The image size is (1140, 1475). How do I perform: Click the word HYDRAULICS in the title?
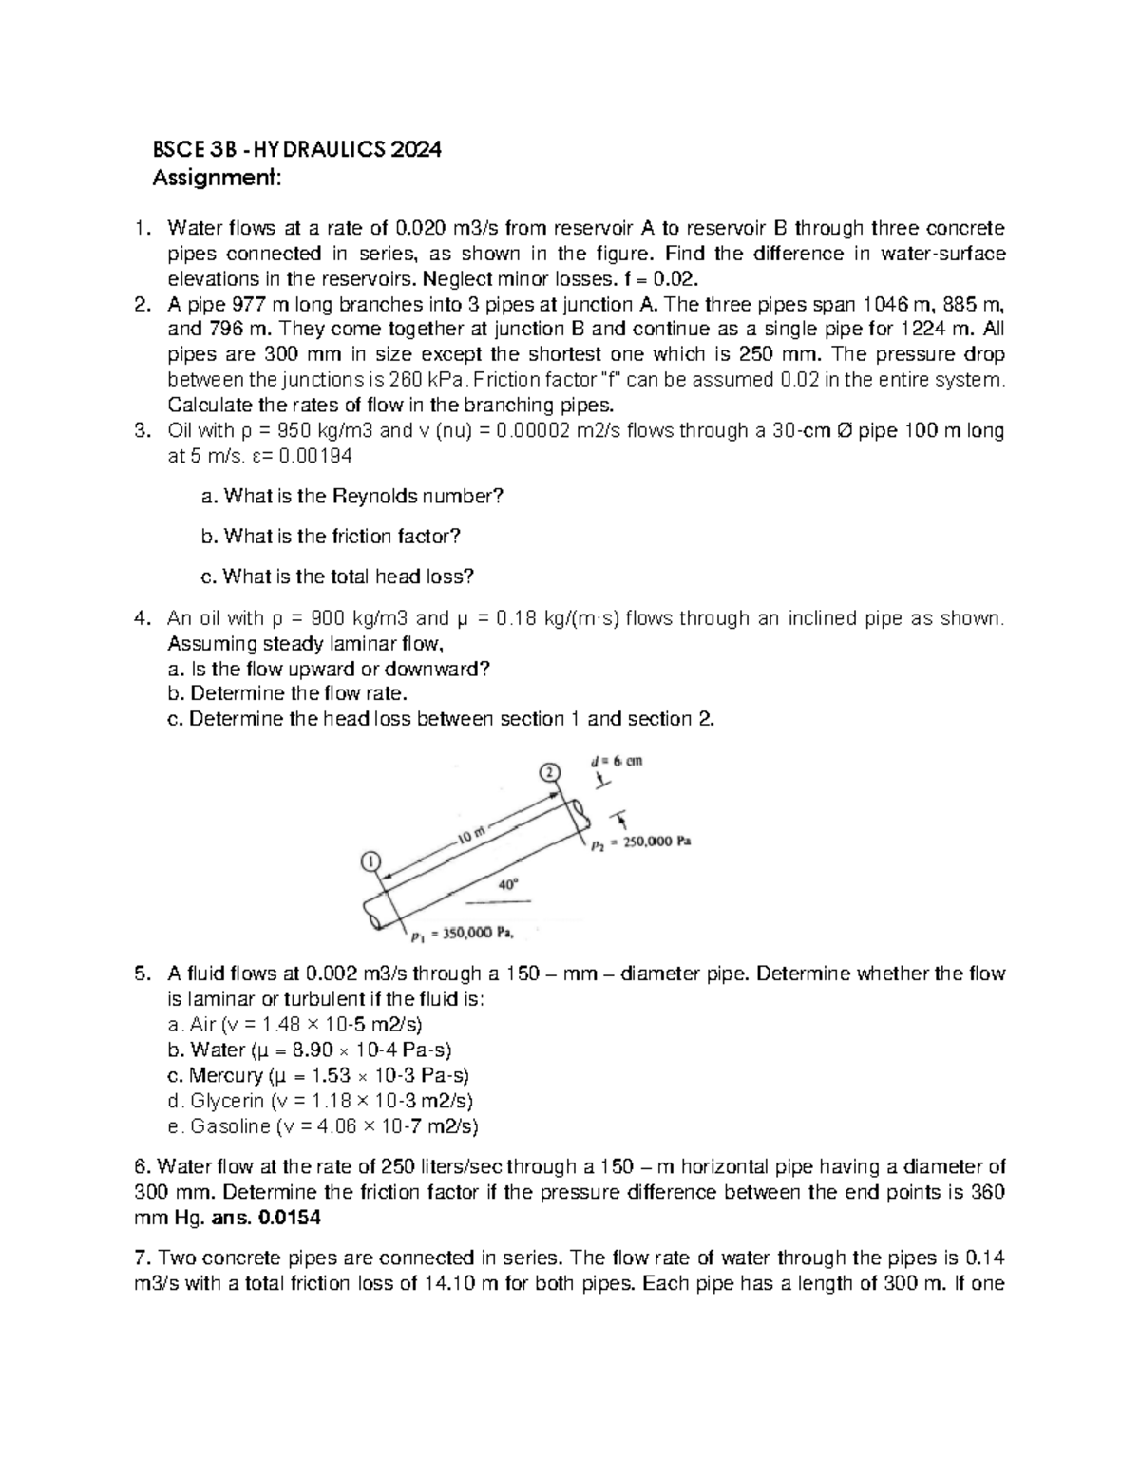coord(309,150)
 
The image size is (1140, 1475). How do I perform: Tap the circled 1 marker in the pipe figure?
coord(370,860)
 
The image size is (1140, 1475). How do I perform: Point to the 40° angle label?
coord(509,884)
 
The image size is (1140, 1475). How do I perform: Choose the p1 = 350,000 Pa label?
coord(463,934)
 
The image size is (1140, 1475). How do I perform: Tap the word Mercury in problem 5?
coord(226,1076)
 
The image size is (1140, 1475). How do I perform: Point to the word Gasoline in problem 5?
coord(231,1127)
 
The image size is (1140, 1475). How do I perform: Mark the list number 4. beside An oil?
coord(142,619)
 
